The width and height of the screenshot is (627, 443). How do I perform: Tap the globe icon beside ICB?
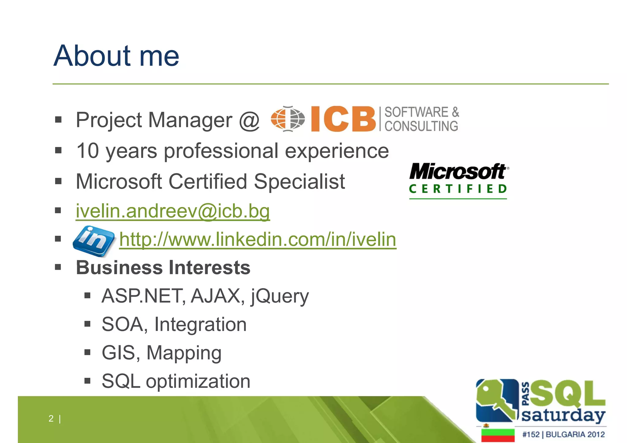[x=288, y=119]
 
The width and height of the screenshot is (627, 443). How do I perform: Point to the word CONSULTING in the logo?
[x=421, y=126]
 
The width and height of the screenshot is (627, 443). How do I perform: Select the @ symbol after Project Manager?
[x=249, y=120]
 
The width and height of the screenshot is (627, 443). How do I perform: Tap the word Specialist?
[x=299, y=181]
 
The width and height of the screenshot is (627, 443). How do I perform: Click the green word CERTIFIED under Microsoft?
[x=458, y=189]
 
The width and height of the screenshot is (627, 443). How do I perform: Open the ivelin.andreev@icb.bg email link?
[x=173, y=211]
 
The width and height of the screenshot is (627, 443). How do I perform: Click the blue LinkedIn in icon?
[x=93, y=240]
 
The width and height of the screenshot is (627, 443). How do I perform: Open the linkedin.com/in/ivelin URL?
[x=257, y=239]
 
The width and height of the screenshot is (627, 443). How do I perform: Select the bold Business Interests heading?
[x=163, y=267]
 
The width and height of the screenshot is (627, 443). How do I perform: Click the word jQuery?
[x=280, y=296]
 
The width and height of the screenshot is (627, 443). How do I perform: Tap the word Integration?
[x=200, y=324]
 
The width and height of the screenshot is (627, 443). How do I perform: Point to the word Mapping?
[x=184, y=353]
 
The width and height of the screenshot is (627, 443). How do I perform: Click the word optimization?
[x=198, y=381]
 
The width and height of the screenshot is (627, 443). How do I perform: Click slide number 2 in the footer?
[x=51, y=418]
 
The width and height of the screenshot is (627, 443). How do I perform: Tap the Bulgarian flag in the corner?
[x=497, y=435]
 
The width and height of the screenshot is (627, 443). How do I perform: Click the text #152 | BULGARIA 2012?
[x=563, y=434]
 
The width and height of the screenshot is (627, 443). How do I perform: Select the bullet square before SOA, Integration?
[x=87, y=324]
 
